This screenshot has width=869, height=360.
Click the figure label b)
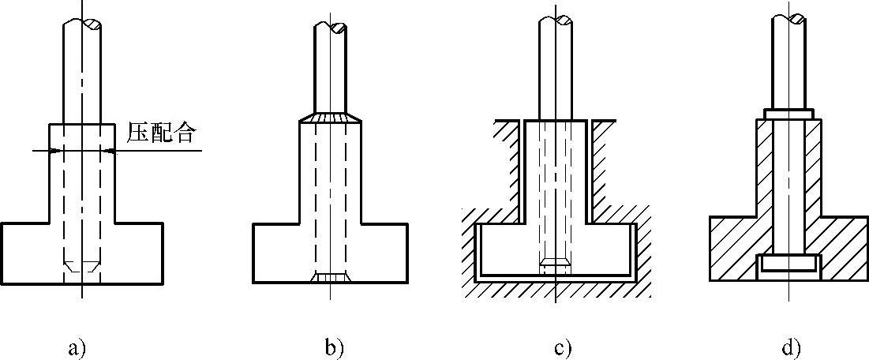[x=332, y=347]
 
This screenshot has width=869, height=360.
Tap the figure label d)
[x=788, y=347]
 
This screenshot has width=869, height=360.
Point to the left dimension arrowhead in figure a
[x=43, y=150]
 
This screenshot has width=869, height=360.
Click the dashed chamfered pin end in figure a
[x=81, y=266]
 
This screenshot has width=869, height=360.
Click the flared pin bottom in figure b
[x=331, y=277]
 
